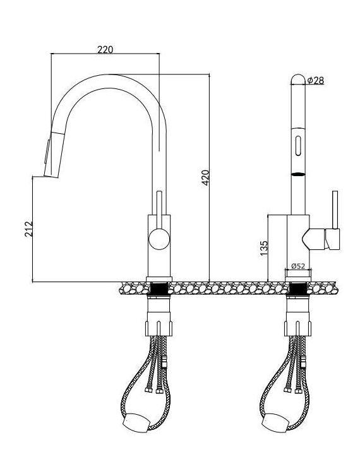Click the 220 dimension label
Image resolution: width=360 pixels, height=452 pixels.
(105, 50)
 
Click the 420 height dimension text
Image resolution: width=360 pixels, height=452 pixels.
(205, 178)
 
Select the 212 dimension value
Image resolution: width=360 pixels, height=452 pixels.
(28, 229)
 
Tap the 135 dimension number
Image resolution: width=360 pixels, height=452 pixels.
(263, 248)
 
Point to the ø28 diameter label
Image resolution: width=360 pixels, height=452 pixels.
(316, 80)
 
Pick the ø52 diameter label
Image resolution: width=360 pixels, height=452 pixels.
(298, 266)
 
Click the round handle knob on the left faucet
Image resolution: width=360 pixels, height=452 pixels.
(159, 239)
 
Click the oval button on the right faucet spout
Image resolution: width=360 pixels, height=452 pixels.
(298, 146)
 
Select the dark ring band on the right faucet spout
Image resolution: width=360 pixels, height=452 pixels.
(298, 174)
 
